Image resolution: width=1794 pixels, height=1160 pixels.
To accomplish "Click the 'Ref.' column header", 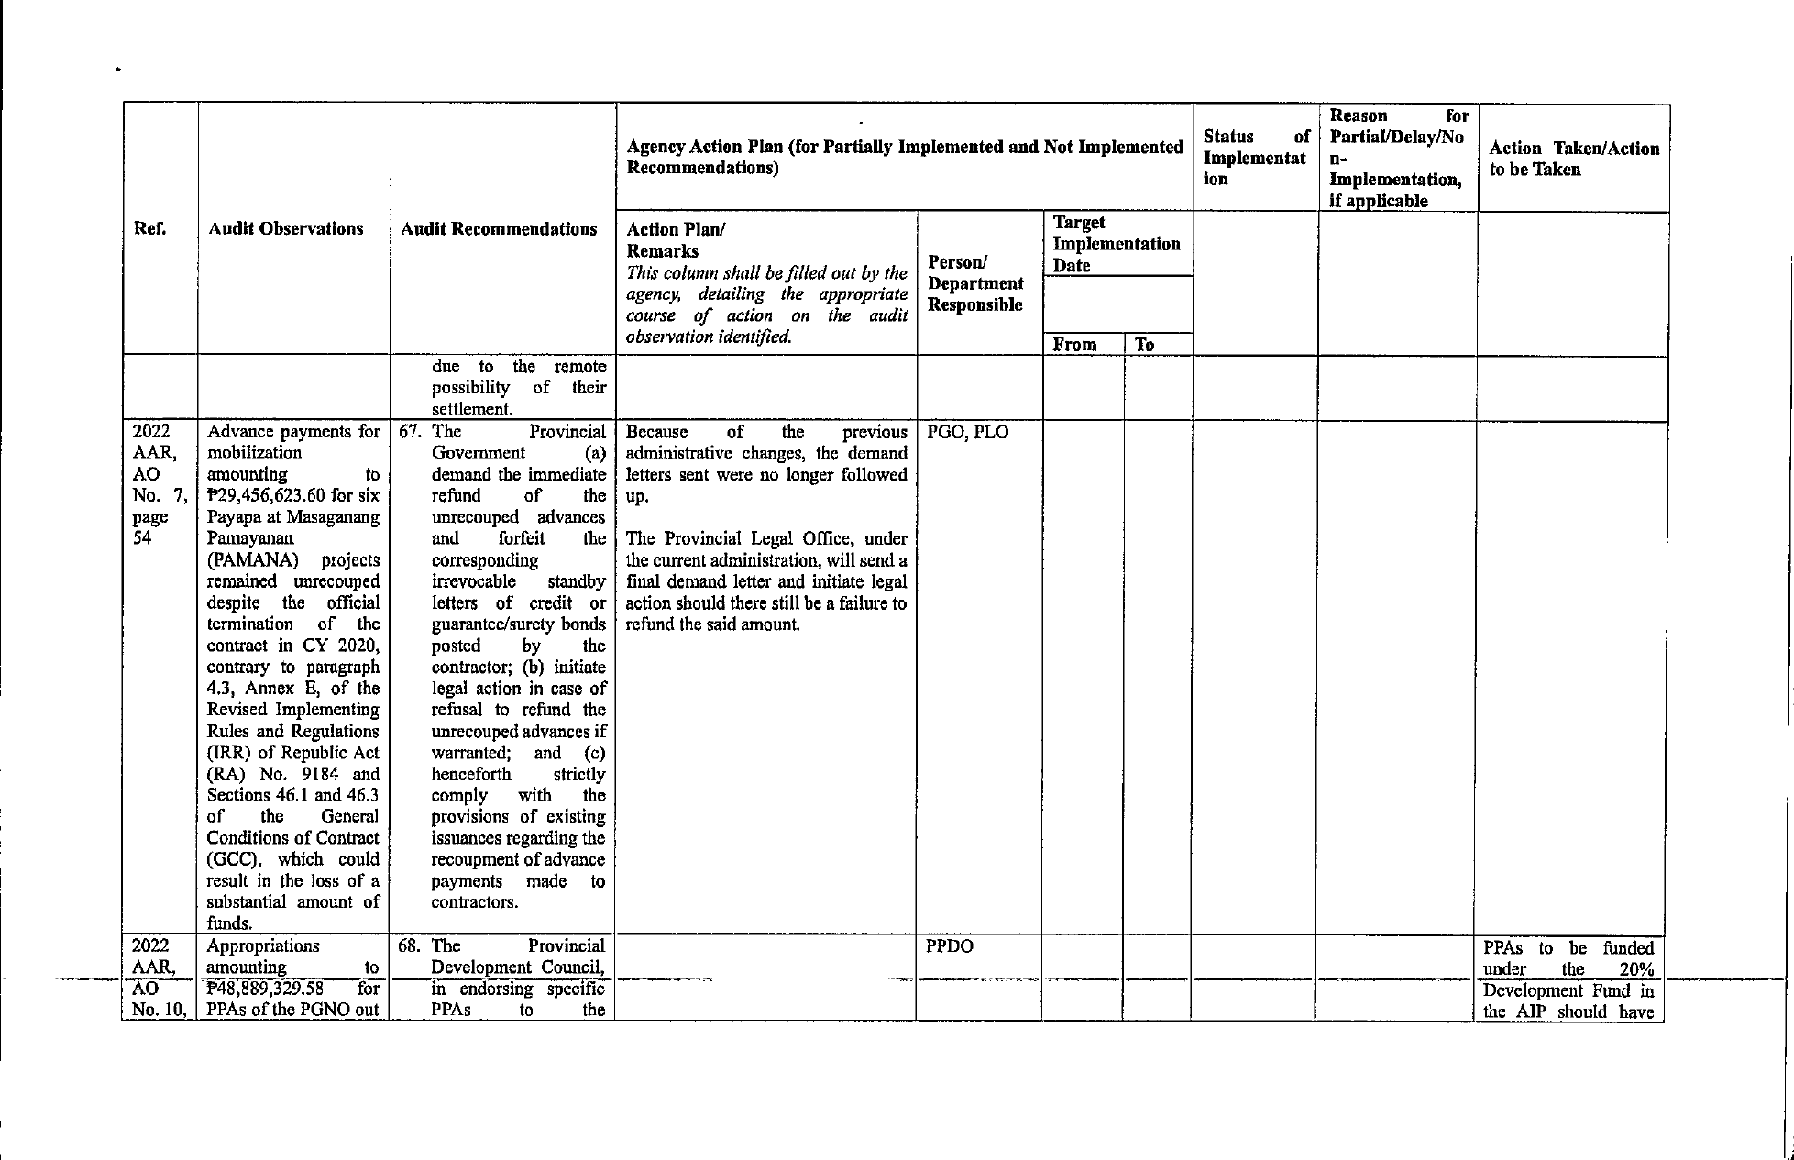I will point(151,228).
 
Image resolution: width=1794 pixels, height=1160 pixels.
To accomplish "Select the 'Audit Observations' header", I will point(285,228).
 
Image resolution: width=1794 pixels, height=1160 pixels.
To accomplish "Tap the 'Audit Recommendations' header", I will point(499,228).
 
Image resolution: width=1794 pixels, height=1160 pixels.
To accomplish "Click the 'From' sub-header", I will point(1074,345).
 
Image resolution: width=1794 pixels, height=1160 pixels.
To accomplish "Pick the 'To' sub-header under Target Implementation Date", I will point(1144,345).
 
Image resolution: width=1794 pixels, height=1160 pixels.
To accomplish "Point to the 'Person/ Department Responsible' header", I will point(974,283).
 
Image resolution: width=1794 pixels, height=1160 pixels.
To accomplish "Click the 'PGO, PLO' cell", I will point(967,432).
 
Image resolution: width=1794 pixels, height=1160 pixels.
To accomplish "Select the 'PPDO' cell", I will point(949,946).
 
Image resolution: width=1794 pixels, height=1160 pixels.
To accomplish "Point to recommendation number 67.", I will point(409,432).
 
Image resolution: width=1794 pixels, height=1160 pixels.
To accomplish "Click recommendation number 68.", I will point(409,946).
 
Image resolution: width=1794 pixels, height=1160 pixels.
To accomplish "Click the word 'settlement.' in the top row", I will point(470,410).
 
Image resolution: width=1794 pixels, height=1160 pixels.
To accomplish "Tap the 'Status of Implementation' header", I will point(1255,158).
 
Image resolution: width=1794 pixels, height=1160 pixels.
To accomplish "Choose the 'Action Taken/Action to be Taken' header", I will point(1573,159).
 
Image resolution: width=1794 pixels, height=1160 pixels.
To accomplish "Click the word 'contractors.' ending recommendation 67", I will point(474,902).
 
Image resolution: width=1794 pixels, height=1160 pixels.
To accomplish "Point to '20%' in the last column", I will point(1636,969).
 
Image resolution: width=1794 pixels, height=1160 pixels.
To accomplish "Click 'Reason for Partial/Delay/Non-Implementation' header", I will point(1397,158).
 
